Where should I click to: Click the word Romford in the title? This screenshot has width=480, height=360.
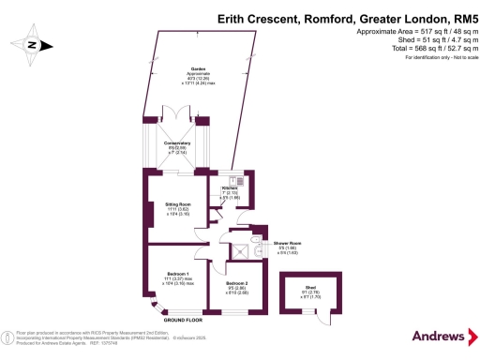[302, 17]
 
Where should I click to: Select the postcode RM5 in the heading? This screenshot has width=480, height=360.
[454, 17]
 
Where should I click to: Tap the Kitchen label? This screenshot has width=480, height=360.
[231, 188]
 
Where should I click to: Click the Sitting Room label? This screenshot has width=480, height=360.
[178, 203]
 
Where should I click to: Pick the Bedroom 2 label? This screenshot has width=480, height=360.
[238, 282]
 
